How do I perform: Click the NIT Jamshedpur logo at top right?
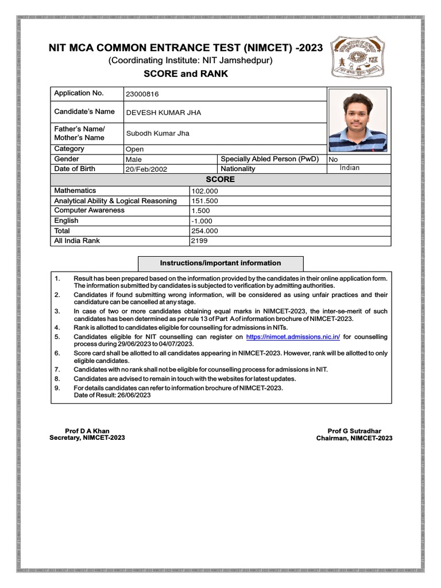[x=361, y=58]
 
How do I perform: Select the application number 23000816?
[x=142, y=94]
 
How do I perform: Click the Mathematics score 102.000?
[x=204, y=191]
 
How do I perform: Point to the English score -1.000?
[x=202, y=220]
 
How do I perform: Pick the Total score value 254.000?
[x=204, y=231]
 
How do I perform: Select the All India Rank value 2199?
[x=199, y=241]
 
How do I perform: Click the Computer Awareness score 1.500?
[x=201, y=211]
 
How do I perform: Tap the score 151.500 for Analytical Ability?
[x=204, y=201]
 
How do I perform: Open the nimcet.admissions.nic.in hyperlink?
[x=293, y=336]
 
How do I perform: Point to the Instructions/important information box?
[x=220, y=263]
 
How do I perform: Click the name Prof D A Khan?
[x=87, y=431]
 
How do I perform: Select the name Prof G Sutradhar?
[x=354, y=431]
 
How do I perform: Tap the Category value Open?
[x=135, y=149]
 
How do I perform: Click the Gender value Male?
[x=134, y=159]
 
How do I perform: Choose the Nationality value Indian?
[x=350, y=168]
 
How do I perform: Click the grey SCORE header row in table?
[x=220, y=180]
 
